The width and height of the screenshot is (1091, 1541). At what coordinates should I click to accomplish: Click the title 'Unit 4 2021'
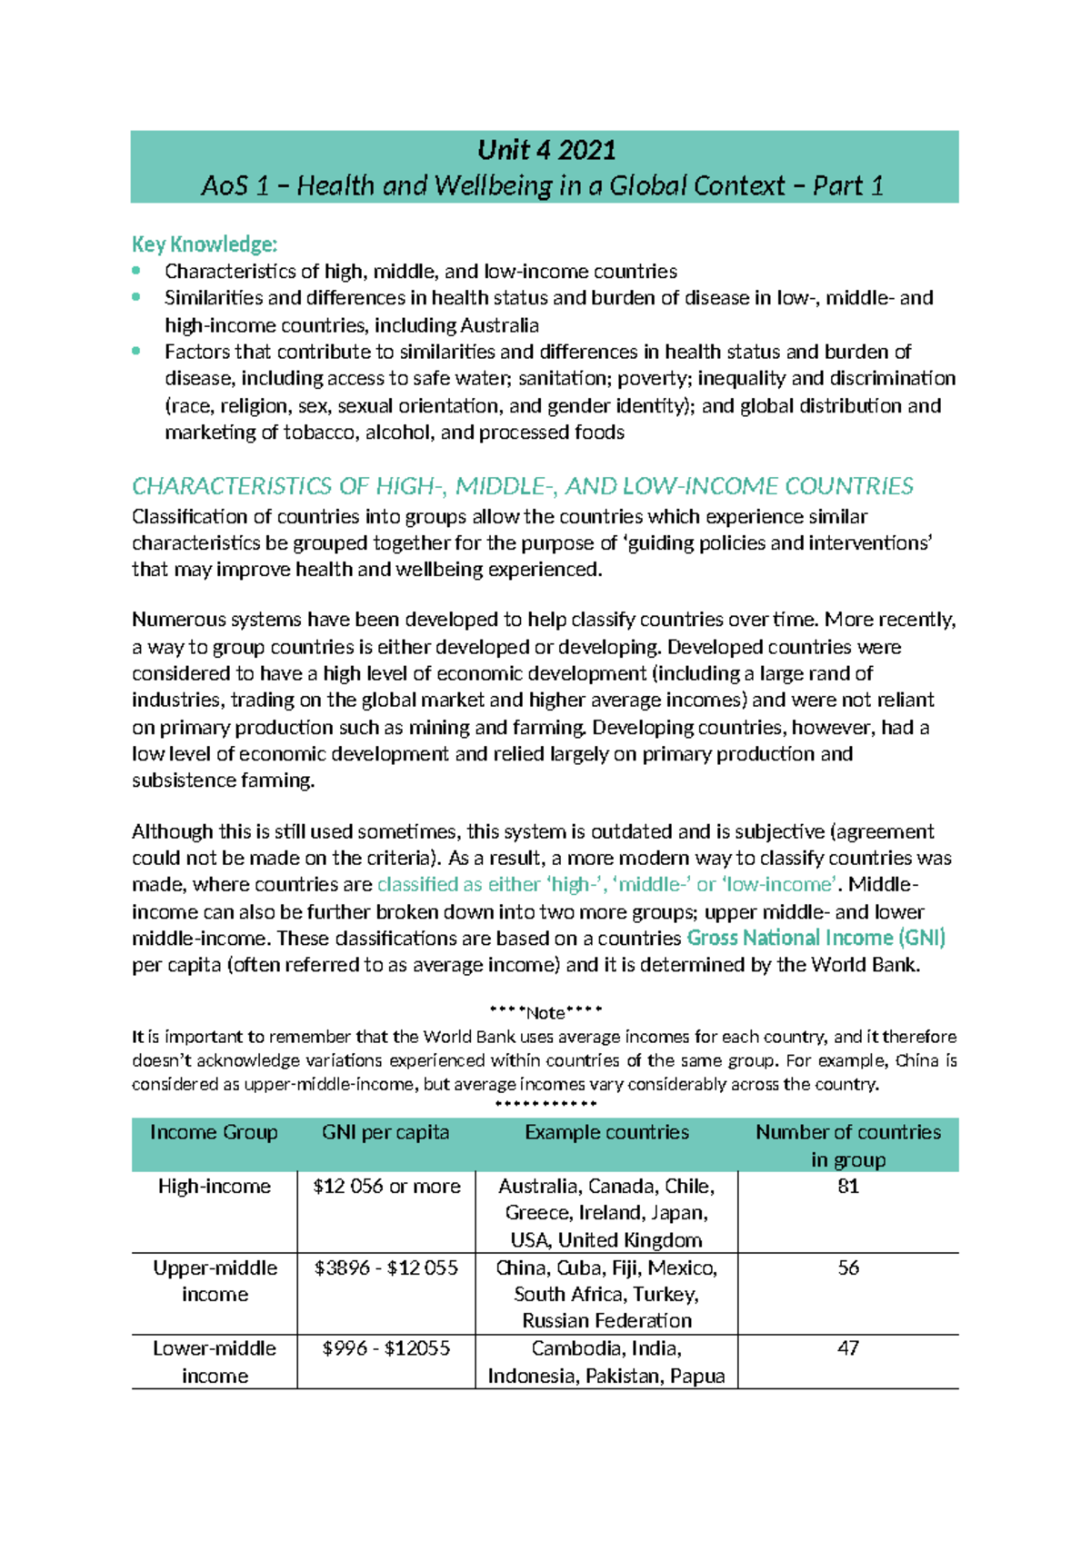pos(546,150)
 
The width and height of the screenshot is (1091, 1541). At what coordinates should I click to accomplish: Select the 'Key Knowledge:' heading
pos(205,244)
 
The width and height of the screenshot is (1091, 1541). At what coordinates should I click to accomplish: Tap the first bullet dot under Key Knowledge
pos(136,270)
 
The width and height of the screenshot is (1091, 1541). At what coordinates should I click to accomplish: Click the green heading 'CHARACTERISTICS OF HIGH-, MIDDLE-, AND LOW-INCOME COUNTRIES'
pos(522,486)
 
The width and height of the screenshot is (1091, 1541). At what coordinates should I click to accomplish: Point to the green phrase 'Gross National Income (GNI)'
pos(816,938)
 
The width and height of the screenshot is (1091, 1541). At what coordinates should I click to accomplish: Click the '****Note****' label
pos(545,1012)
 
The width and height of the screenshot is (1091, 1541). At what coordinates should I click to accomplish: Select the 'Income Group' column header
pos(214,1132)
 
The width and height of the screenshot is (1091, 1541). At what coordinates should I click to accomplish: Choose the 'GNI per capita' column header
pos(385,1132)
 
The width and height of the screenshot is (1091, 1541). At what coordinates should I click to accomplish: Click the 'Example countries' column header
pos(606,1132)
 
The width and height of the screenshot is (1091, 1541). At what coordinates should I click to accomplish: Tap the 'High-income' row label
pos(214,1186)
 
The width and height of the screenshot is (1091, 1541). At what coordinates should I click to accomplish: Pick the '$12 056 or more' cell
pos(386,1186)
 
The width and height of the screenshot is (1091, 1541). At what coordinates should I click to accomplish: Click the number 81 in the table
pos(847,1186)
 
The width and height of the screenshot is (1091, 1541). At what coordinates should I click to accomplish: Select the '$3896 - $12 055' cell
pos(385,1268)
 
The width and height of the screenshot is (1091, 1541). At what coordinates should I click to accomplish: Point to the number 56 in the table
pos(847,1268)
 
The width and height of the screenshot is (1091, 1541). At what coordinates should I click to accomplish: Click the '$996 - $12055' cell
pos(385,1348)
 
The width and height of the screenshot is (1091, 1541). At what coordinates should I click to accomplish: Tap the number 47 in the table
pos(847,1348)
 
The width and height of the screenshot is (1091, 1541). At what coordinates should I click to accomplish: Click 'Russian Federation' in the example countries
pos(606,1320)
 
